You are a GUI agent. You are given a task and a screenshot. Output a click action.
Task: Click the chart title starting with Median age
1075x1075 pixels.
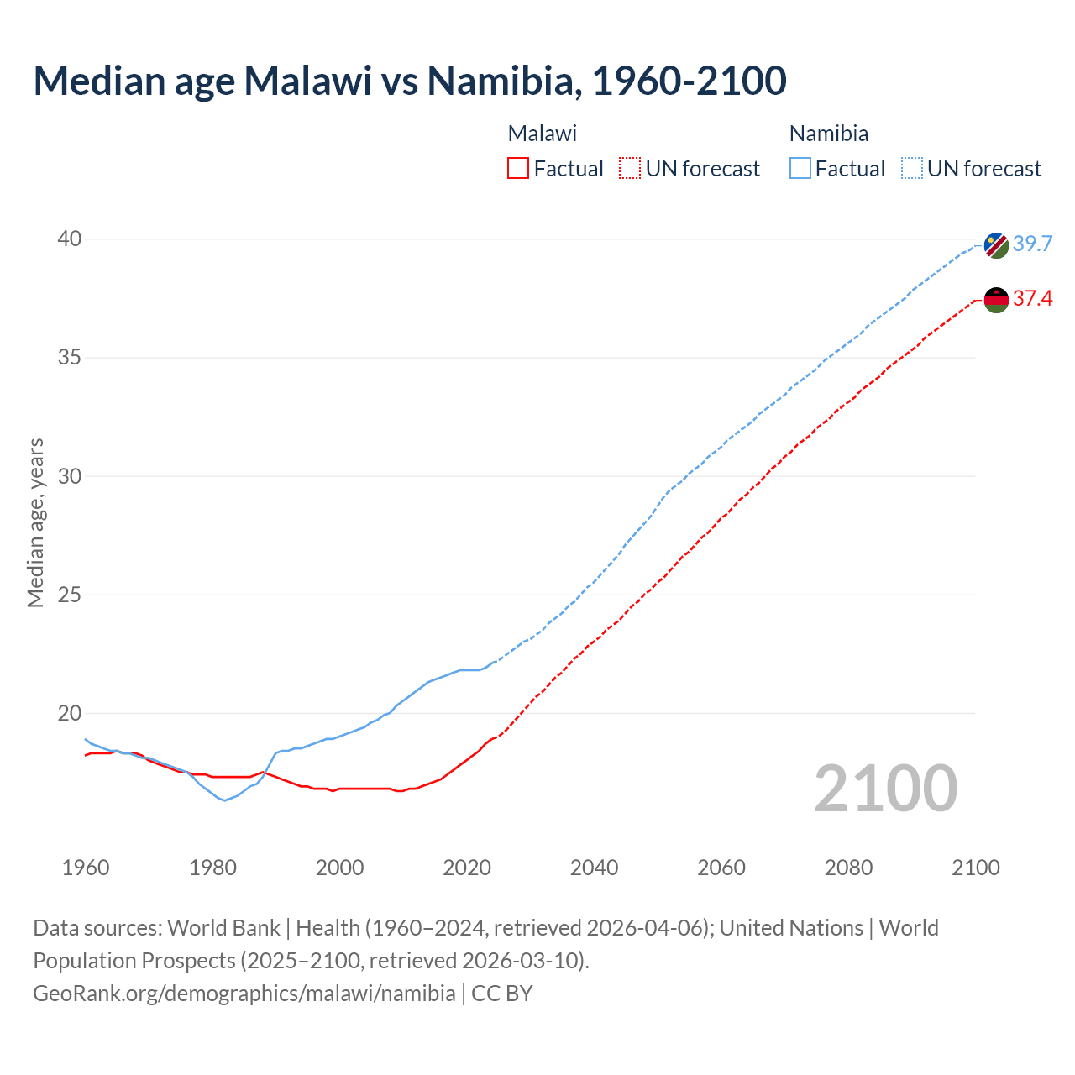click(x=410, y=81)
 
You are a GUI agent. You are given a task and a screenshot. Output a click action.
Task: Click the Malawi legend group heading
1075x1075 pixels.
click(x=542, y=134)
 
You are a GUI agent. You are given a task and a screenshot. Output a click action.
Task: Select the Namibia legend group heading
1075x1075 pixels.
click(x=828, y=134)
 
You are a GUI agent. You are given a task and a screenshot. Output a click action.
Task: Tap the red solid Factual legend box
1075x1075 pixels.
click(x=518, y=169)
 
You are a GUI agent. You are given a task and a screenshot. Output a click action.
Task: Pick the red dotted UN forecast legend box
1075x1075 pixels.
click(x=630, y=169)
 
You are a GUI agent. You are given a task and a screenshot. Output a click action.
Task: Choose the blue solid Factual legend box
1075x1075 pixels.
click(x=800, y=169)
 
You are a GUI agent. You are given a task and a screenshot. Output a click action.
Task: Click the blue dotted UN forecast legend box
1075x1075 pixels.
click(x=911, y=169)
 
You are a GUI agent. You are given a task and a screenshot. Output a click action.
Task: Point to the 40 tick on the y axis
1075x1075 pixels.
click(x=70, y=239)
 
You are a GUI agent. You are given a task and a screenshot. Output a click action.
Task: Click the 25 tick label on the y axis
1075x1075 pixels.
click(x=70, y=595)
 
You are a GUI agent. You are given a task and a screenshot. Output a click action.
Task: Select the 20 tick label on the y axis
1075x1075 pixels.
click(x=70, y=714)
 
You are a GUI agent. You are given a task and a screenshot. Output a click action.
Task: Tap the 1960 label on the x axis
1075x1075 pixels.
click(x=86, y=868)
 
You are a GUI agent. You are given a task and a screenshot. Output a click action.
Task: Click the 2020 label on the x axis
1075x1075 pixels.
click(x=467, y=868)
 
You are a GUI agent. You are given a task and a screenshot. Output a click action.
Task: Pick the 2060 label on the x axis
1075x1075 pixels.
click(x=721, y=868)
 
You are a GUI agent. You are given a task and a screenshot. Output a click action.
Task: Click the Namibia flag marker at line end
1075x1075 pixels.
click(x=996, y=245)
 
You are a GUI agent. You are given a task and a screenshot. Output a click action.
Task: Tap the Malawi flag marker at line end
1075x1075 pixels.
click(x=996, y=300)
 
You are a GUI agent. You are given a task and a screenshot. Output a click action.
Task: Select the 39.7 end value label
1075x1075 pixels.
click(x=1032, y=244)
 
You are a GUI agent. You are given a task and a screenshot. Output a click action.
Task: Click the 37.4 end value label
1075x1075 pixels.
click(x=1032, y=299)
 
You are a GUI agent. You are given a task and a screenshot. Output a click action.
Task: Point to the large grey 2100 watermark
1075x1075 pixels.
click(x=885, y=789)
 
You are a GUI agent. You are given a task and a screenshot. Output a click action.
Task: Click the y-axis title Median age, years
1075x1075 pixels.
click(x=35, y=522)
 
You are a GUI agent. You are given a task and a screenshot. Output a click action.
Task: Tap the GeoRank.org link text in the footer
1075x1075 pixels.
click(x=244, y=994)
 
